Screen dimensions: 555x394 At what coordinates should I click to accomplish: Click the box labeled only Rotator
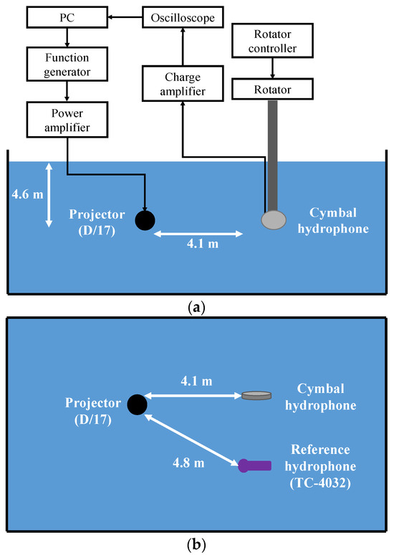click(x=273, y=89)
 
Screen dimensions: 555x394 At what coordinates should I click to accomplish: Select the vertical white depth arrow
click(x=49, y=195)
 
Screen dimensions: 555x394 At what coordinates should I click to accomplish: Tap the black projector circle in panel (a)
click(x=145, y=220)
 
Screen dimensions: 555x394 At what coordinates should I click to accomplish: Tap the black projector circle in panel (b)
click(x=137, y=405)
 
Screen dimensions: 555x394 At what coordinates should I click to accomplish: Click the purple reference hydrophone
click(x=254, y=465)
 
